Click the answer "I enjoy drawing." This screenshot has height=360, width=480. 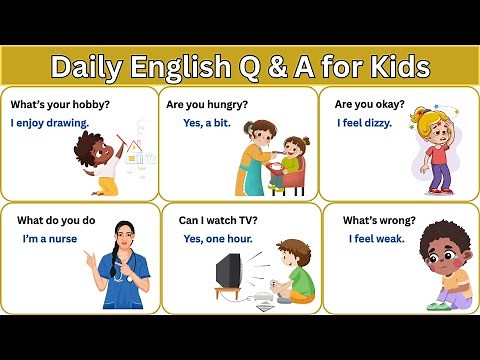tap(50, 123)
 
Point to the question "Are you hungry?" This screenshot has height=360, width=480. tap(207, 104)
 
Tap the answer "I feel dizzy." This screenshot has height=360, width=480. tap(363, 123)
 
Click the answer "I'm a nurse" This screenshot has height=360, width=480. tap(50, 239)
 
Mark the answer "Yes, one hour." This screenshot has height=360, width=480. tap(218, 239)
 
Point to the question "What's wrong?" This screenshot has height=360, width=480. tap(379, 220)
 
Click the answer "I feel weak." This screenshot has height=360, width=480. tap(376, 239)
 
